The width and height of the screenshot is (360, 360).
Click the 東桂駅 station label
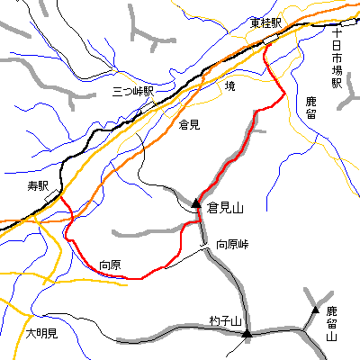(267, 23)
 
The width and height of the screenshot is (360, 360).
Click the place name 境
(229, 86)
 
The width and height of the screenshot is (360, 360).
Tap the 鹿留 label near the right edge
(311, 107)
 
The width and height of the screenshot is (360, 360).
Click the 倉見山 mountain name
(225, 208)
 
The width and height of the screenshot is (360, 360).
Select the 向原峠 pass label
(232, 244)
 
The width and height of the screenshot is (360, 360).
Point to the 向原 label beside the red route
(110, 265)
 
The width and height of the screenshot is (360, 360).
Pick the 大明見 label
(40, 334)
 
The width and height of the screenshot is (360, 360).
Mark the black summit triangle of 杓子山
(247, 335)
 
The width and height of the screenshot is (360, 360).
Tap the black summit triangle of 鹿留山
(315, 310)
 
